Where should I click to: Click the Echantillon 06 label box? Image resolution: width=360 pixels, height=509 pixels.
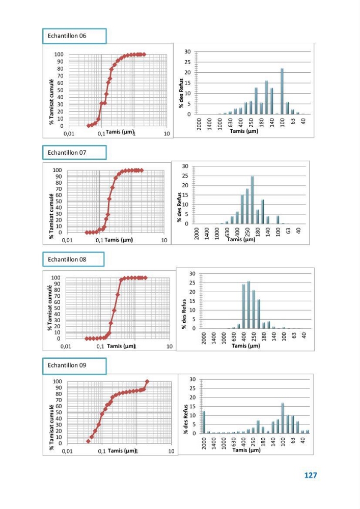(74, 36)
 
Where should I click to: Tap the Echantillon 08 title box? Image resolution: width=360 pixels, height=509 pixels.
(73, 260)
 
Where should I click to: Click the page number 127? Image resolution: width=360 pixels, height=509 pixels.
(311, 475)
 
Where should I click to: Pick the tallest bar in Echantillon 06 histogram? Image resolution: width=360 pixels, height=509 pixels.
(282, 91)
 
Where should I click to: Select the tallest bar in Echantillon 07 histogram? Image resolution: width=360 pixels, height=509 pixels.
(252, 200)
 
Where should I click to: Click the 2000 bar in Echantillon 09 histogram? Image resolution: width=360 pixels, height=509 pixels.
(204, 422)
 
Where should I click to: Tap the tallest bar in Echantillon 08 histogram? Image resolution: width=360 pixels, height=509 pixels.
(248, 305)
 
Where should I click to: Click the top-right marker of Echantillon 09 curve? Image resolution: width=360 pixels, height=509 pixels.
(147, 382)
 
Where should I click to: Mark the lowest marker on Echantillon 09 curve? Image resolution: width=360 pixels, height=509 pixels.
(88, 441)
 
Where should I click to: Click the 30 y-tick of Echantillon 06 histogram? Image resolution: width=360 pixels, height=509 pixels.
(187, 51)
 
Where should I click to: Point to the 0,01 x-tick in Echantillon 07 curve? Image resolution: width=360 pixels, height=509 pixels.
(67, 240)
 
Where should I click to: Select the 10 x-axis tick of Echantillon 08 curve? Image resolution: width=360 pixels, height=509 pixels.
(170, 346)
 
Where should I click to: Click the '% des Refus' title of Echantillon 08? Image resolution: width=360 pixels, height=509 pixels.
(184, 314)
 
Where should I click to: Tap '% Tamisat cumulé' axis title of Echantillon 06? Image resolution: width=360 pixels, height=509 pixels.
(51, 102)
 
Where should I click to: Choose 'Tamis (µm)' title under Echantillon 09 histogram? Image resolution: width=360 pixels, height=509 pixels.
(246, 450)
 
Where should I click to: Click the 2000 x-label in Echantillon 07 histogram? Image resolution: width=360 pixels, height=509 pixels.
(197, 234)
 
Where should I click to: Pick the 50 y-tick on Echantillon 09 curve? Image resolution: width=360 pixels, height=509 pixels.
(59, 412)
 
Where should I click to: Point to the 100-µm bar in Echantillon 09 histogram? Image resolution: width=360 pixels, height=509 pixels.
(283, 418)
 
